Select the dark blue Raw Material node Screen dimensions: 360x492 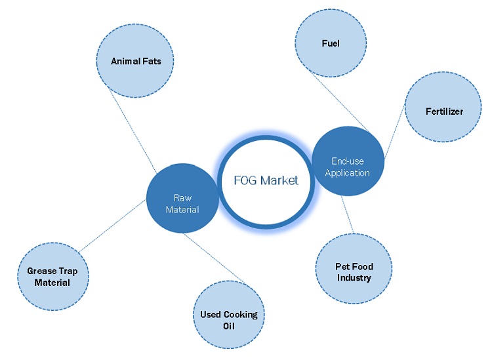[182, 199]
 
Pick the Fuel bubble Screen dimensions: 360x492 [331, 44]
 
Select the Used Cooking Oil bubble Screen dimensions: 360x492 [229, 319]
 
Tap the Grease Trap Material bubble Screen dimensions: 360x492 [53, 276]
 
